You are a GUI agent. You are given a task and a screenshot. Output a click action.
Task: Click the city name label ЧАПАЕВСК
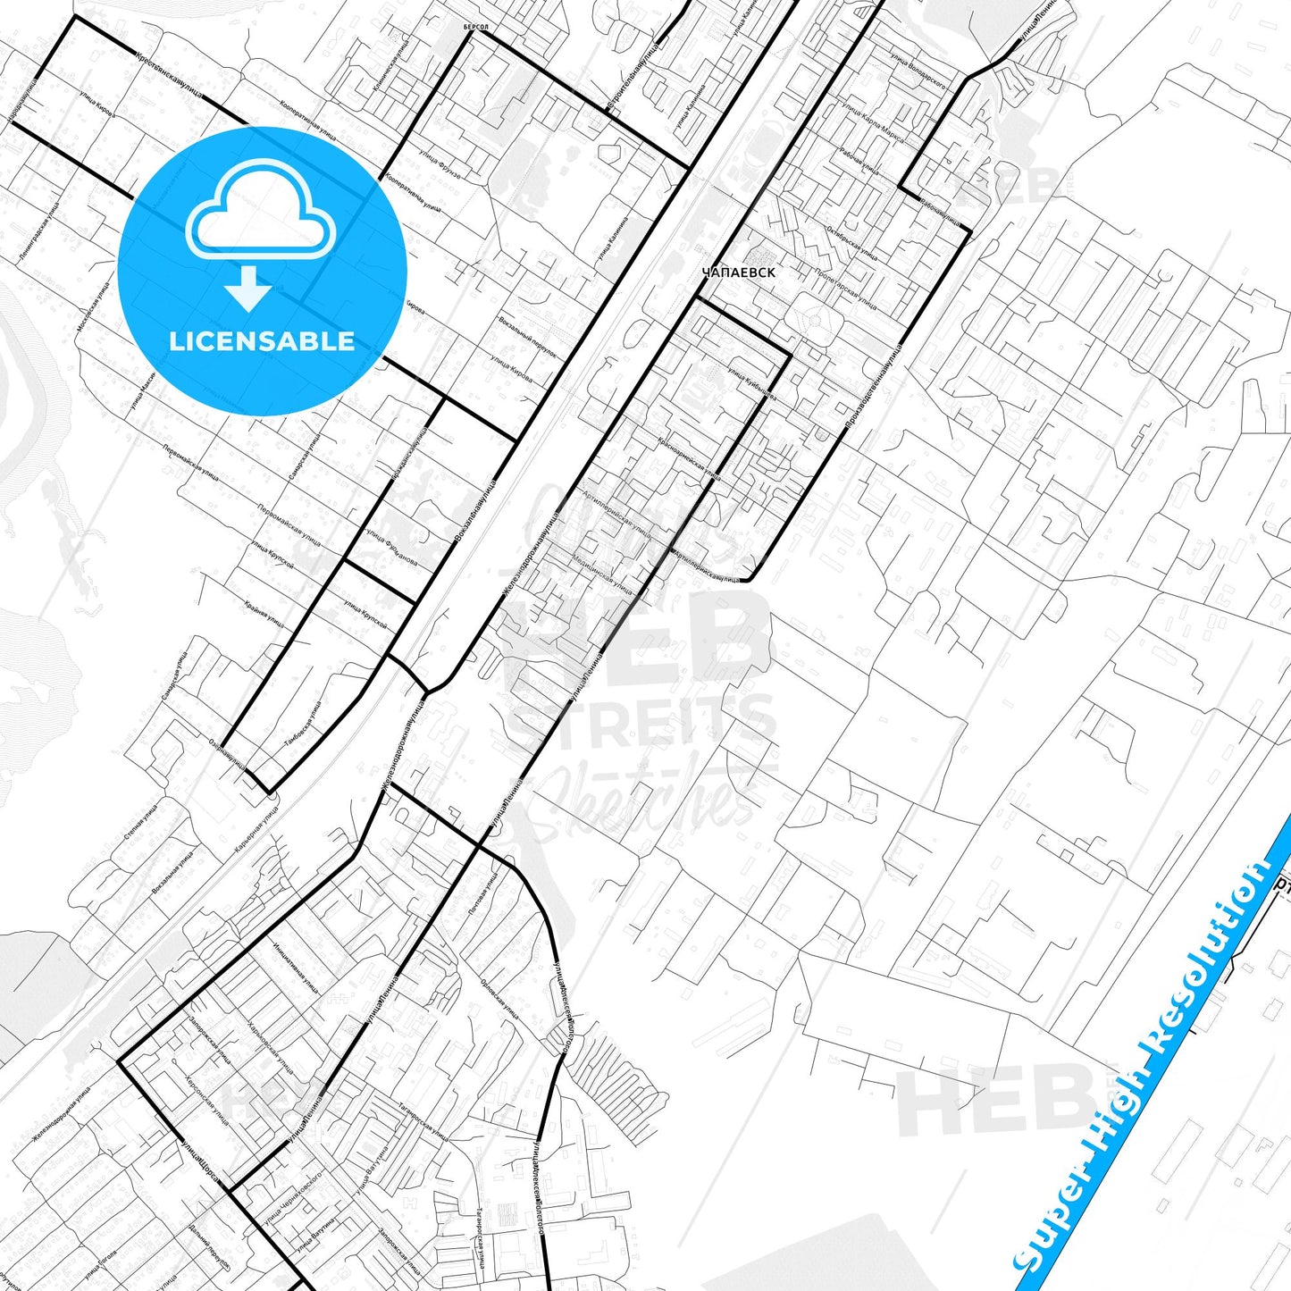tap(738, 272)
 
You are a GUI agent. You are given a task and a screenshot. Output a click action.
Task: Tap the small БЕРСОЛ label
tap(476, 28)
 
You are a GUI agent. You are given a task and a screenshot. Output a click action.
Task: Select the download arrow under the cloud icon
tap(248, 290)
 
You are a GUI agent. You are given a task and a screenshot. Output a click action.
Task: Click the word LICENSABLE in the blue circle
tap(262, 341)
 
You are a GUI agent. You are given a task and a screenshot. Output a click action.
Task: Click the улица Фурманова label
tap(391, 549)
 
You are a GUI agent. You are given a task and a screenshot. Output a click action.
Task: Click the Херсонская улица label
tap(207, 1098)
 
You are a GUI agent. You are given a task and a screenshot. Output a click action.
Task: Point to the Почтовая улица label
tap(482, 893)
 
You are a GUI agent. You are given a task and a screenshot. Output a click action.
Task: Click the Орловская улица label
tap(499, 995)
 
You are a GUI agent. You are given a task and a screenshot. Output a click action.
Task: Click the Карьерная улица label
tap(256, 828)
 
